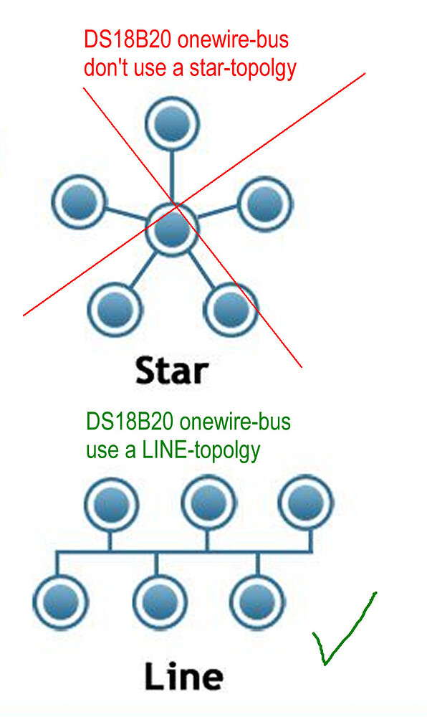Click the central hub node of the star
pos(172,230)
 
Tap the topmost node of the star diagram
pos(172,124)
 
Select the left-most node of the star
pos(79,201)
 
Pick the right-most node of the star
pos(265,204)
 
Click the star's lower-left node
pos(115,310)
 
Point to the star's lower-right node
pos(231,310)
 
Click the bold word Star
pos(172,370)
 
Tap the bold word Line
pos(184,676)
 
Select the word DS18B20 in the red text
pos(128,39)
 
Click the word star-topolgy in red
pos(243,68)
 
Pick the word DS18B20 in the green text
pos(130,421)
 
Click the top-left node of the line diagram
pos(111,504)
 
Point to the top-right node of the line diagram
pos(307,502)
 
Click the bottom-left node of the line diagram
pos(60,602)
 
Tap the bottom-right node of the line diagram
pos(257,602)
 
